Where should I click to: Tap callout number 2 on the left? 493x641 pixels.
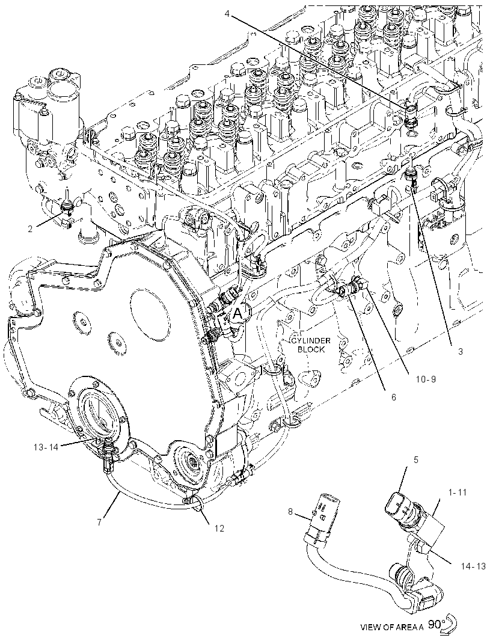pyautogui.click(x=31, y=229)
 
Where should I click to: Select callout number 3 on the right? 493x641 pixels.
pyautogui.click(x=461, y=351)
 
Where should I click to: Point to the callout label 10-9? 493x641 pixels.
pyautogui.click(x=426, y=379)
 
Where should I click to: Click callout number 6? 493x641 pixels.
pyautogui.click(x=393, y=396)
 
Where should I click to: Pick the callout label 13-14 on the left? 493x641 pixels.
pyautogui.click(x=46, y=447)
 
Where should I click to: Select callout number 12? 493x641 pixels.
pyautogui.click(x=219, y=528)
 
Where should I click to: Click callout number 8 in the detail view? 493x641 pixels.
pyautogui.click(x=290, y=511)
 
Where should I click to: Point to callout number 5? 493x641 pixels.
pyautogui.click(x=416, y=460)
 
